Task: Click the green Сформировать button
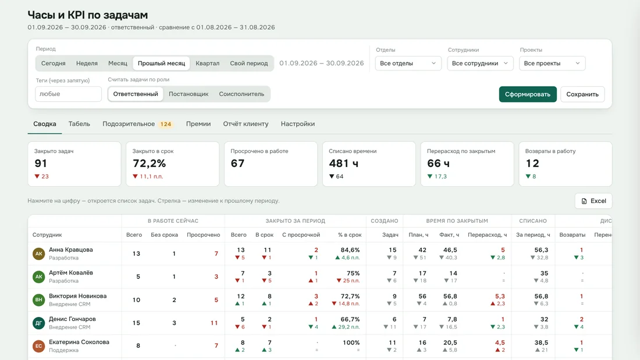click(x=527, y=94)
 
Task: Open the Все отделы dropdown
click(x=408, y=63)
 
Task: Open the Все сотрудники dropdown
click(x=480, y=63)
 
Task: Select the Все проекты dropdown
click(x=552, y=63)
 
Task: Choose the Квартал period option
click(x=207, y=63)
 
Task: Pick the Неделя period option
click(x=87, y=63)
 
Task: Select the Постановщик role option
click(x=189, y=94)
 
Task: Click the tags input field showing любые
click(x=68, y=94)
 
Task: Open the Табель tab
click(x=79, y=124)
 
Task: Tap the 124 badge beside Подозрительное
click(x=166, y=124)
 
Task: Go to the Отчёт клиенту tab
click(x=246, y=124)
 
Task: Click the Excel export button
click(x=593, y=201)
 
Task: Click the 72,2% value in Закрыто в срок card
click(x=150, y=163)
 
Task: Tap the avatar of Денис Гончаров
click(x=39, y=323)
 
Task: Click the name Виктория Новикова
click(x=77, y=296)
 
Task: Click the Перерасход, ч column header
click(x=488, y=235)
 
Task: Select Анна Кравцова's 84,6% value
click(x=350, y=250)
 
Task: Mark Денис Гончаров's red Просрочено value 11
click(x=214, y=323)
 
